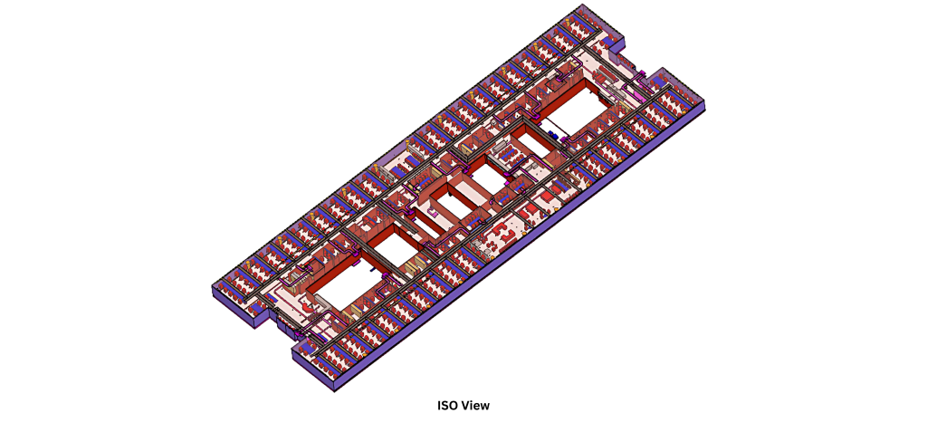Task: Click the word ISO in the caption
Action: pos(447,406)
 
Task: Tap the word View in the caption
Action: pos(475,406)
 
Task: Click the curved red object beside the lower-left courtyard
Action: pos(308,308)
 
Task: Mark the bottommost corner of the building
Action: pos(335,391)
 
